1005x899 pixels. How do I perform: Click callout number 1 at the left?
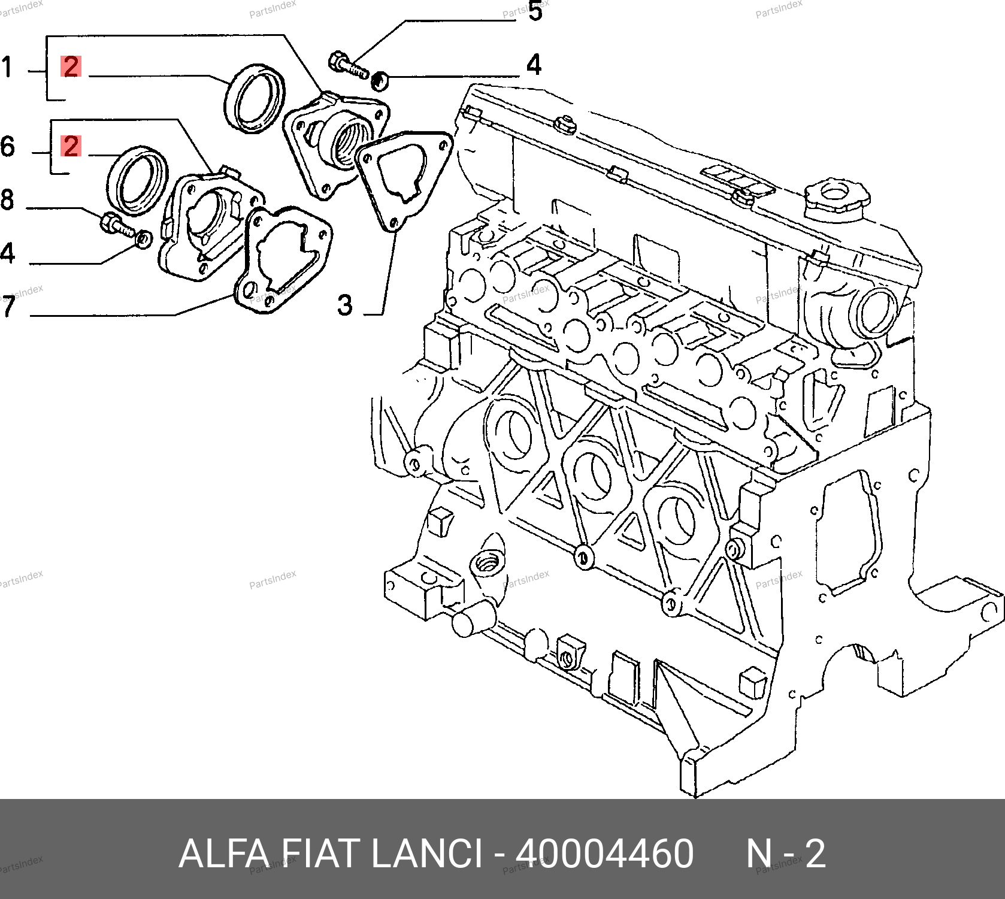pos(7,67)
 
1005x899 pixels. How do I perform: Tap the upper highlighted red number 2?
pos(71,66)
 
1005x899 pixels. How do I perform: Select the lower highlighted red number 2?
pos(71,146)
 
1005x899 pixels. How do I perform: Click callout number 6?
pos(7,146)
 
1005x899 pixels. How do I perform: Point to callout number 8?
pos(7,199)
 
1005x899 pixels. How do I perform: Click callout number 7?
pos(7,306)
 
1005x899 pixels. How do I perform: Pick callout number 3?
pos(345,304)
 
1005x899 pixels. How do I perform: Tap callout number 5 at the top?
pos(535,11)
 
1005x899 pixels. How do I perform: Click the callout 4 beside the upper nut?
pos(534,65)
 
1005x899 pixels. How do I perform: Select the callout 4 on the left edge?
pos(7,253)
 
